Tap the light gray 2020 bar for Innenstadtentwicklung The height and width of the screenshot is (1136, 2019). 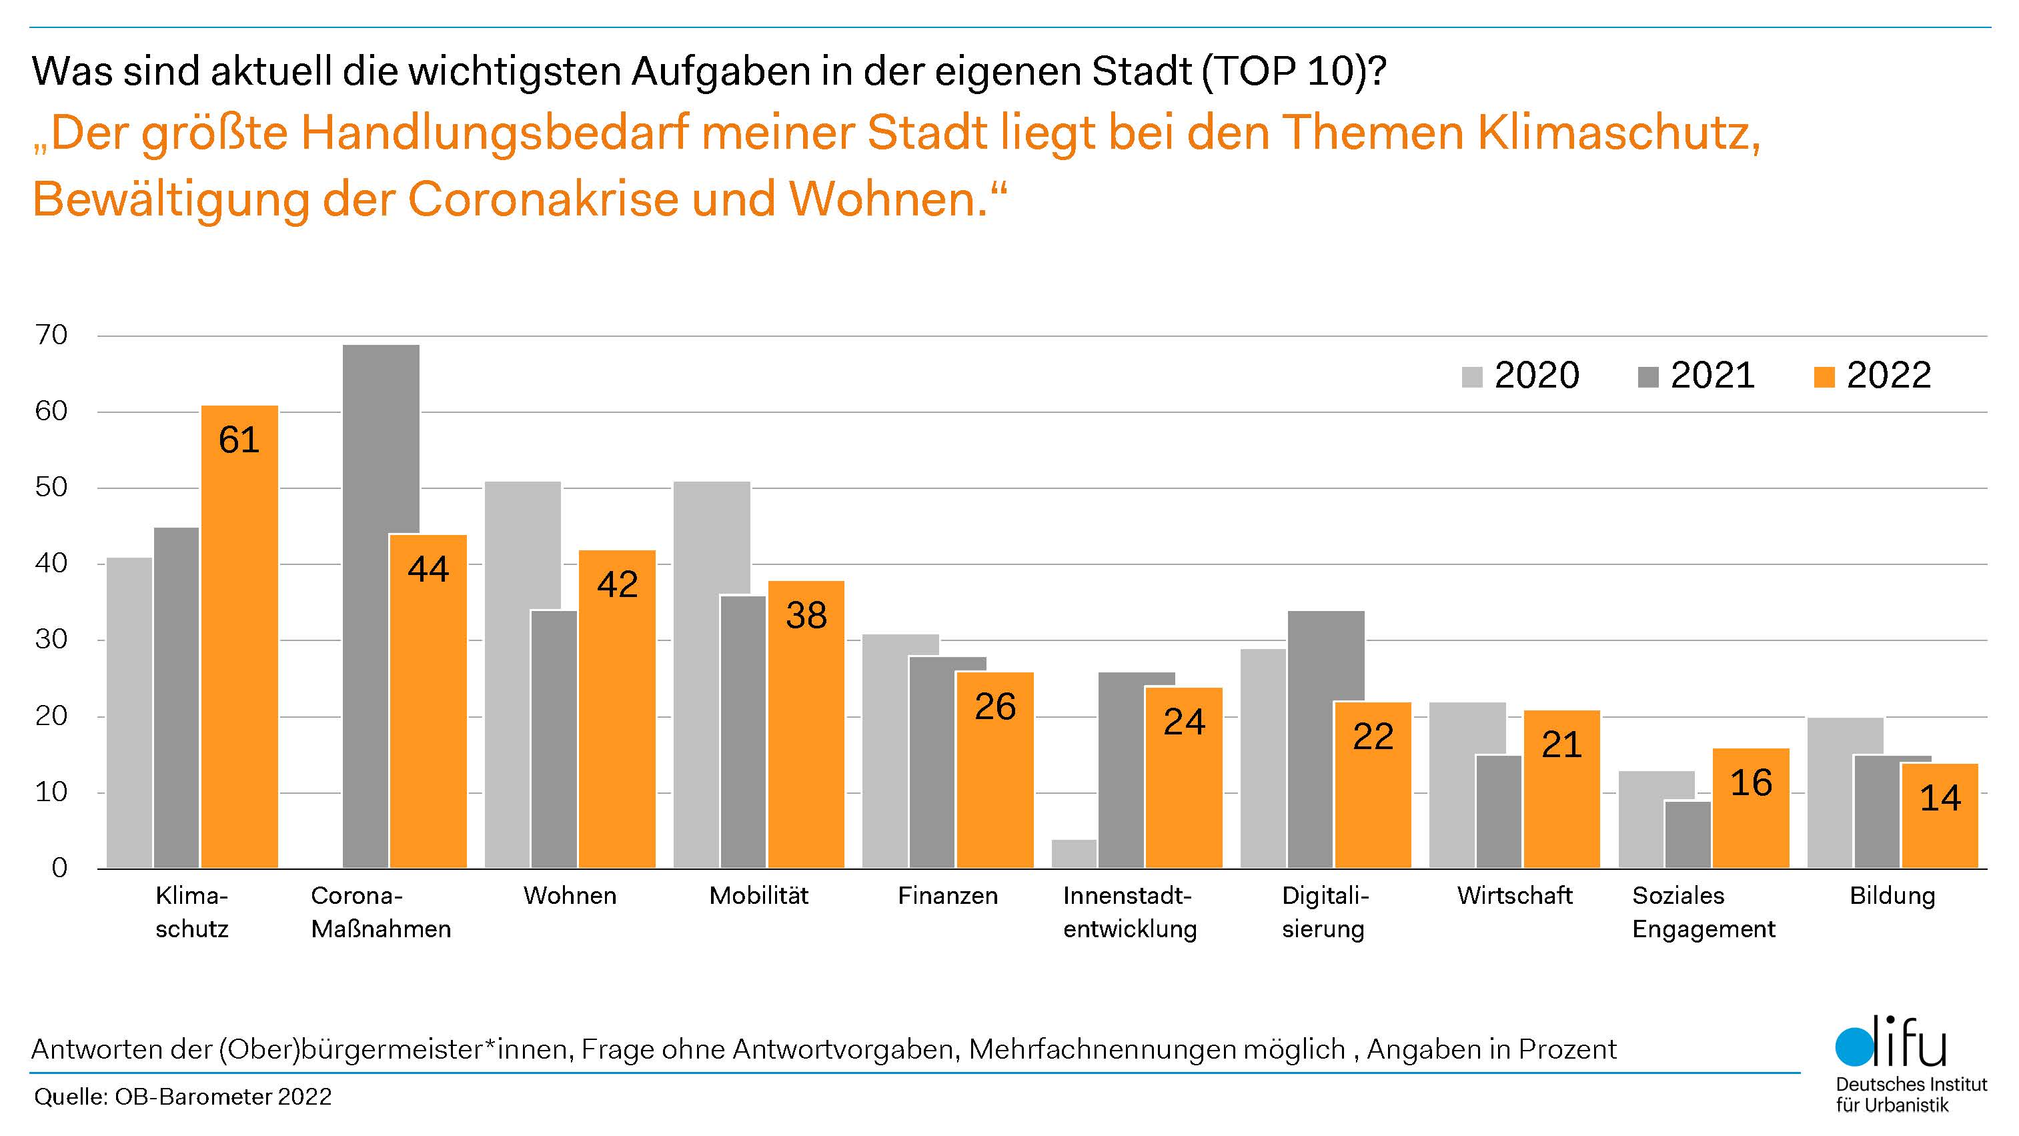pos(1074,854)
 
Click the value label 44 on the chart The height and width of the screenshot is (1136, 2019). pos(428,569)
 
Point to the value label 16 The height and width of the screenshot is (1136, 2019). pos(1751,782)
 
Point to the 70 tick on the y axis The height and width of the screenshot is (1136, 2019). pos(52,336)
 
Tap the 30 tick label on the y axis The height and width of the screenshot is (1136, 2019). pos(52,640)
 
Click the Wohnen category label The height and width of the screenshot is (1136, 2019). pos(570,895)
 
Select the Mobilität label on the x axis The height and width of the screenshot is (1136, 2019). pos(758,895)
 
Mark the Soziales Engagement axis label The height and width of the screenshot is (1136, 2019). pos(1703,912)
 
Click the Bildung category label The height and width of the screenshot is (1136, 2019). pos(1892,895)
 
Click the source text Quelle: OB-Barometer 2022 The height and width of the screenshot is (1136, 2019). pos(183,1096)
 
